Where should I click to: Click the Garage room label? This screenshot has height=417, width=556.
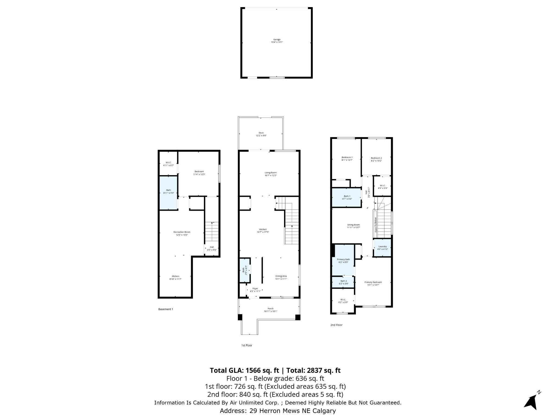(x=277, y=40)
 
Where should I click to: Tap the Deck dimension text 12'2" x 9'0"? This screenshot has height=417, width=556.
(x=261, y=135)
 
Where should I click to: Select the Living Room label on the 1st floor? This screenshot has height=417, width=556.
(x=270, y=173)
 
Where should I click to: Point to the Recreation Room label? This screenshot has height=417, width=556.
(x=182, y=232)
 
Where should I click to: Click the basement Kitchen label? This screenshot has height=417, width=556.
(x=175, y=276)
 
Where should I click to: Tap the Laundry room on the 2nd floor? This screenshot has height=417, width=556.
(x=382, y=248)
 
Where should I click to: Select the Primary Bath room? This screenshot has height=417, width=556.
(x=343, y=261)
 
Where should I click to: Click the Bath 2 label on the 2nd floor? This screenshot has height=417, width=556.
(x=343, y=281)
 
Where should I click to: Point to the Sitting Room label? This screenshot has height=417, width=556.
(x=353, y=225)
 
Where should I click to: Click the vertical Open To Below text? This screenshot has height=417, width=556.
(x=376, y=225)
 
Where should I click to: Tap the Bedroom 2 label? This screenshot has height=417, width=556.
(x=376, y=158)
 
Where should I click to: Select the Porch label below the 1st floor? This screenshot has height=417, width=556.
(x=270, y=309)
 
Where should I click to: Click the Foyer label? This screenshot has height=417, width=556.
(x=255, y=289)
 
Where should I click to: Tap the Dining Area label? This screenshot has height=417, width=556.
(x=281, y=276)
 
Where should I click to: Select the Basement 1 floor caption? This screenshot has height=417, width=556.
(x=166, y=309)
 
